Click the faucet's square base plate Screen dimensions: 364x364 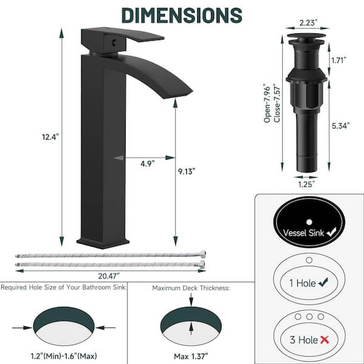click(x=103, y=243)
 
